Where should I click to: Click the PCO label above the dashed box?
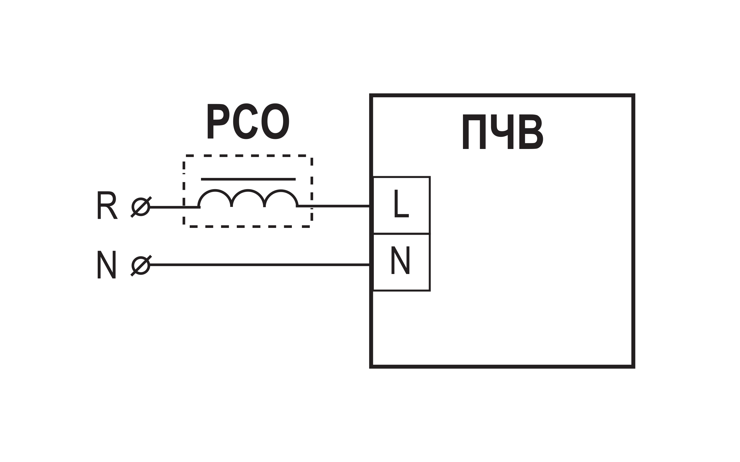(248, 121)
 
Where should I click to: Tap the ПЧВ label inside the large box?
(503, 132)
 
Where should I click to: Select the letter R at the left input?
(107, 205)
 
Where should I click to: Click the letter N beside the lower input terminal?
(107, 265)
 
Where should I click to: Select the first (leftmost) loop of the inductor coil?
(215, 190)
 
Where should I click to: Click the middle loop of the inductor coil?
(248, 190)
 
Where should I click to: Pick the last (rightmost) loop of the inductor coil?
(281, 190)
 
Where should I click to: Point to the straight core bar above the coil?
(248, 179)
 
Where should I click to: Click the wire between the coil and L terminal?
(333, 206)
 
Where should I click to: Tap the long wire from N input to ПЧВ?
(260, 265)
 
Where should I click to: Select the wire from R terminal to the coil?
(175, 207)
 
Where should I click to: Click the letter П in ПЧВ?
(474, 132)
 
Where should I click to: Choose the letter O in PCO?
(275, 121)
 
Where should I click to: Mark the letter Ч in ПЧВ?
(502, 132)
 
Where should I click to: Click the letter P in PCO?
(218, 121)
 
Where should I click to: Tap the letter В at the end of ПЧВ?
(531, 132)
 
